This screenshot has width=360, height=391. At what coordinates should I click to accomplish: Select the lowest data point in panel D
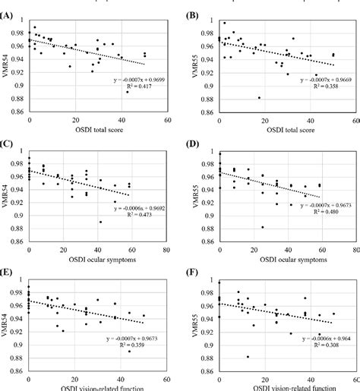(x=263, y=226)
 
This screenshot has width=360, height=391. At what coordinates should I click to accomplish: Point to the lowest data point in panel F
(x=248, y=356)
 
